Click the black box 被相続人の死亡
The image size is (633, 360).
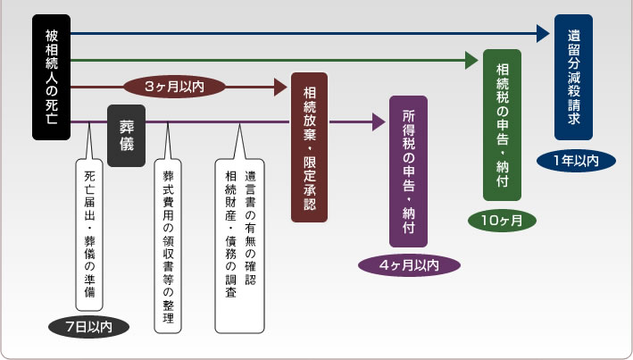[51, 78]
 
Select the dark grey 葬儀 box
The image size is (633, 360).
[126, 136]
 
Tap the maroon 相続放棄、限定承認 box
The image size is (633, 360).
[309, 148]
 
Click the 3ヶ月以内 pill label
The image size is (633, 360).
[175, 87]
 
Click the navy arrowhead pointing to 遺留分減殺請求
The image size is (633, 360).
[543, 34]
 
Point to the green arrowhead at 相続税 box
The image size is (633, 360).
[473, 61]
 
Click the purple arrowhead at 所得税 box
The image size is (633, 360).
[376, 120]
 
